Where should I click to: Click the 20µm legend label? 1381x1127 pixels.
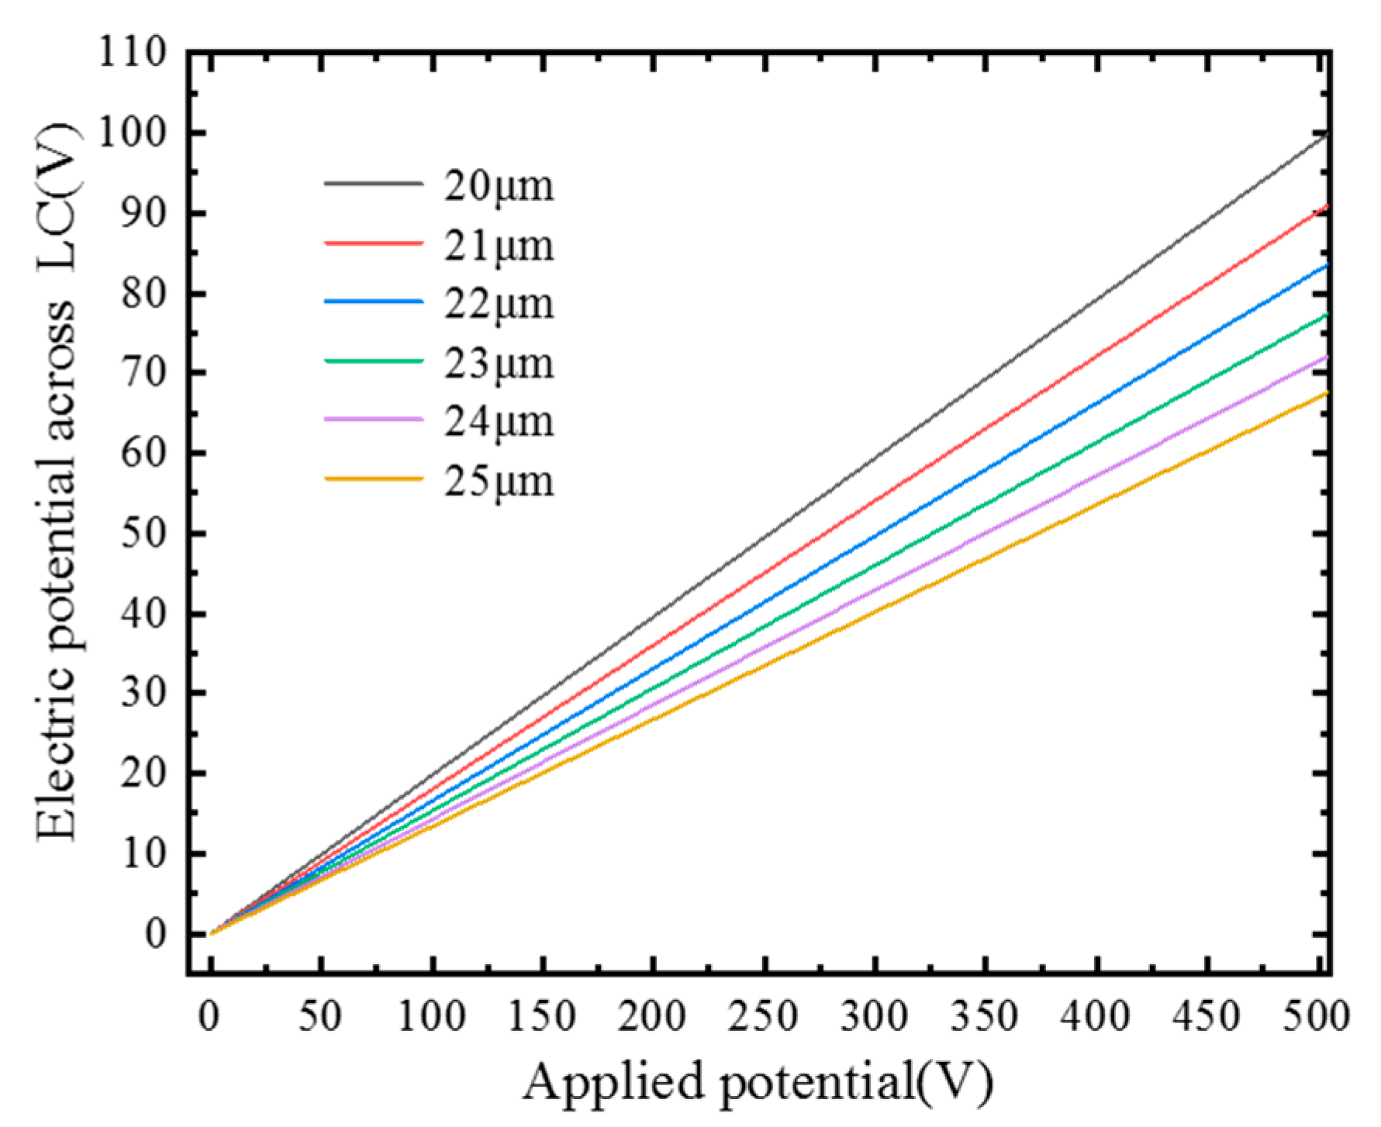point(499,187)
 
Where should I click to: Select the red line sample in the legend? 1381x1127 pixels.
point(373,243)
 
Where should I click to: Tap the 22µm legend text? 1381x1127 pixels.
point(499,304)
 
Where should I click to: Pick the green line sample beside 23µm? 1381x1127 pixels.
point(373,361)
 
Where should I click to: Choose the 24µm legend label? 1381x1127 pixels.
point(499,422)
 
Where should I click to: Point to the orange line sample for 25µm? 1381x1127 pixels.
point(373,479)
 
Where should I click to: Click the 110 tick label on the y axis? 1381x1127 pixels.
point(132,53)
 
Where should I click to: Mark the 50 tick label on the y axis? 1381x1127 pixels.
point(143,533)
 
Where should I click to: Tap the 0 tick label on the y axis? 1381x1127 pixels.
point(155,933)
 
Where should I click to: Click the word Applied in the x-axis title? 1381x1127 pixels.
point(613,1082)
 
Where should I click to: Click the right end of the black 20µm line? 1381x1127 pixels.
point(1327,134)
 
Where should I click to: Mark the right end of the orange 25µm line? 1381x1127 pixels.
point(1327,393)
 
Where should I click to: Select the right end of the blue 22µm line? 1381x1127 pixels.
point(1327,266)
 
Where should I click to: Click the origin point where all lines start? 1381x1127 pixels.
point(211,933)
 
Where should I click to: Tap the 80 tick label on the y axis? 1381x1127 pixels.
point(143,294)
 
